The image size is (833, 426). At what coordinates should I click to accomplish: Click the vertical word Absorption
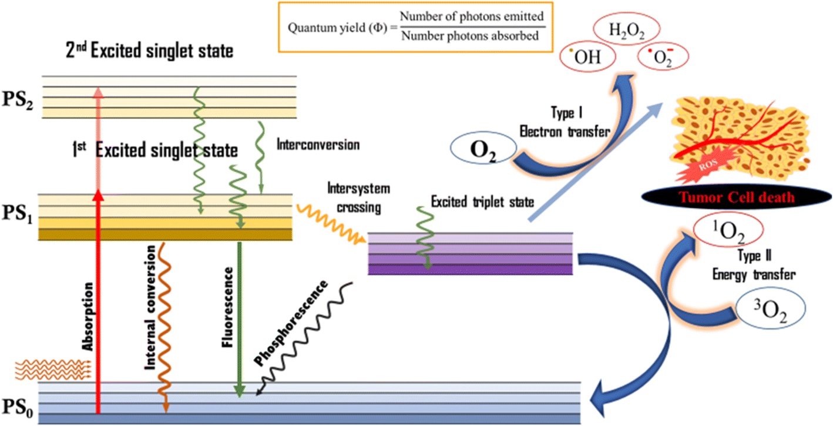pyautogui.click(x=88, y=316)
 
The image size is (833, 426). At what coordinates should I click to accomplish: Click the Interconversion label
pyautogui.click(x=317, y=144)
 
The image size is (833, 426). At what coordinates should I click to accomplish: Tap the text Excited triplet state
pyautogui.click(x=482, y=202)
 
